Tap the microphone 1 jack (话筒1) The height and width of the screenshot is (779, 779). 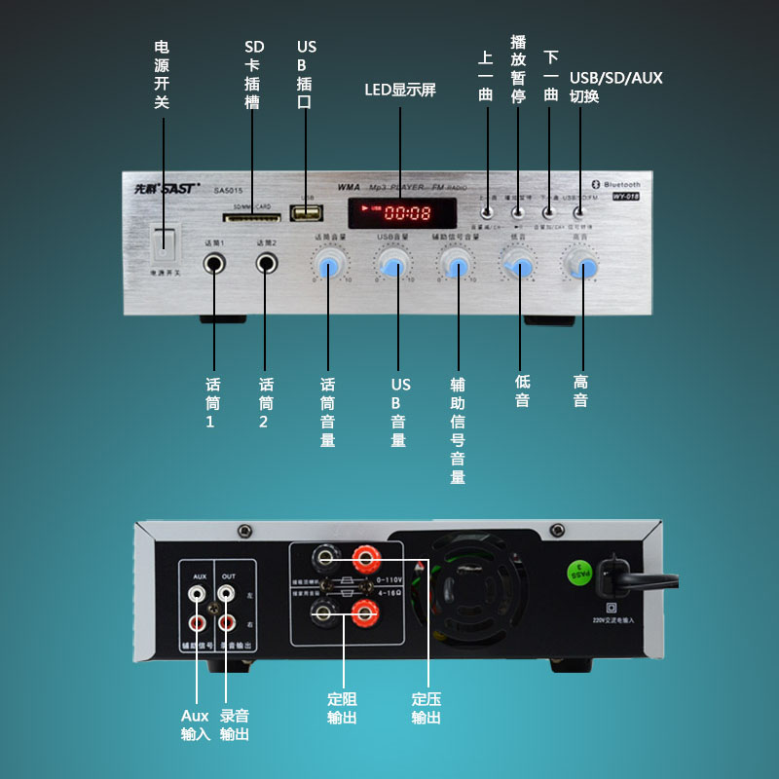click(214, 263)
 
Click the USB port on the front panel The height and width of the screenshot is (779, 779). click(309, 212)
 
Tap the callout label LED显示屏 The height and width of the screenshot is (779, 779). click(400, 90)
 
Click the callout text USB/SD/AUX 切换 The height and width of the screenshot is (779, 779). click(616, 87)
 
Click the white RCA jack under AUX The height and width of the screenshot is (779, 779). click(199, 592)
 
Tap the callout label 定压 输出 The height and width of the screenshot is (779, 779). click(426, 708)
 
